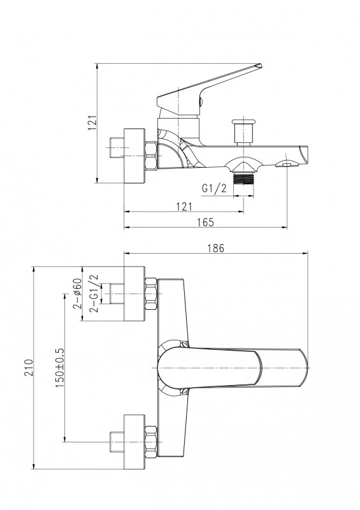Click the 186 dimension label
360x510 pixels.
pyautogui.click(x=216, y=248)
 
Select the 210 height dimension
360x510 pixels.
pyautogui.click(x=29, y=368)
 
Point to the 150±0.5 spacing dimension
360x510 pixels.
pyautogui.click(x=60, y=368)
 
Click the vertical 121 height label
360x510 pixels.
pyautogui.click(x=92, y=122)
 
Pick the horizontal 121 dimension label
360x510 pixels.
pyautogui.click(x=184, y=207)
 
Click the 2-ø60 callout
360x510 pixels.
pyautogui.click(x=77, y=293)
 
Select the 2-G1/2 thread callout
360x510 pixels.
pyautogui.click(x=94, y=293)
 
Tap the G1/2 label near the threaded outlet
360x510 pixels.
pyautogui.click(x=214, y=188)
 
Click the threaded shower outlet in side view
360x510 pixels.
pyautogui.click(x=243, y=178)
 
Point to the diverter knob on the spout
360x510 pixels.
pyautogui.click(x=244, y=133)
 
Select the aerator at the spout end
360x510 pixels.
pyautogui.click(x=287, y=164)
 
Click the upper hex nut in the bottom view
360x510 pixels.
pyautogui.click(x=151, y=294)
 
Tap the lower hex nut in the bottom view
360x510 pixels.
pyautogui.click(x=151, y=442)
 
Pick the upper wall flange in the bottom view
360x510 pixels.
pyautogui.click(x=134, y=294)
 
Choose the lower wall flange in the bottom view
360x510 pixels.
pyautogui.click(x=134, y=442)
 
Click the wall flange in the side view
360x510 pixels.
pyautogui.click(x=134, y=156)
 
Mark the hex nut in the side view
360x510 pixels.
pyautogui.click(x=151, y=156)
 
